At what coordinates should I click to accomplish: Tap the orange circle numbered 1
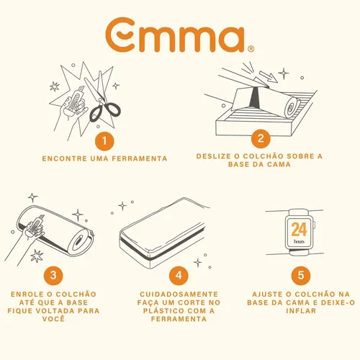point(104,141)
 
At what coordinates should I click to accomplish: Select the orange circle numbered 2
point(261,139)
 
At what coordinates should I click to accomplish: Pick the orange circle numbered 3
point(53,275)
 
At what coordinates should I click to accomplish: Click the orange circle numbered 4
point(179,275)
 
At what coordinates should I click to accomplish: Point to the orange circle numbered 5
point(301,275)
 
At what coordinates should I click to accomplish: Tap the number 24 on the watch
point(299,230)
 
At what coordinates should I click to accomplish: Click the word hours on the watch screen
point(299,241)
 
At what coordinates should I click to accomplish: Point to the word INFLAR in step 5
point(301,311)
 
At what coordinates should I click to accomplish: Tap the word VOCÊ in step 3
point(53,318)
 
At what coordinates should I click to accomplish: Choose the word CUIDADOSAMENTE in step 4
point(179,294)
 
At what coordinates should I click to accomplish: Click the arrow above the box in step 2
point(269,76)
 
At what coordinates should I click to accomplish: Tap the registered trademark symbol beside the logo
point(251,49)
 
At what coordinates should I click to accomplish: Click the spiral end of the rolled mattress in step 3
point(81,241)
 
